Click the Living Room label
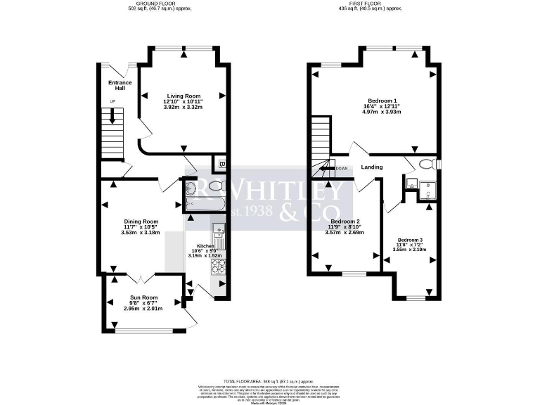pos(183,96)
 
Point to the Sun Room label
pos(143,297)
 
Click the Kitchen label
pos(196,245)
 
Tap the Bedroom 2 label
pos(344,221)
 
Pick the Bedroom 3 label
pos(410,240)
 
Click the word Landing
pos(372,167)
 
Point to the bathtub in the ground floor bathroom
pos(205,203)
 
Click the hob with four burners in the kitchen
pos(217,267)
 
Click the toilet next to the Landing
pos(425,165)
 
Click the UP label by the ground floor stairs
pos(112,103)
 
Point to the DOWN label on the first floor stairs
pos(342,168)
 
